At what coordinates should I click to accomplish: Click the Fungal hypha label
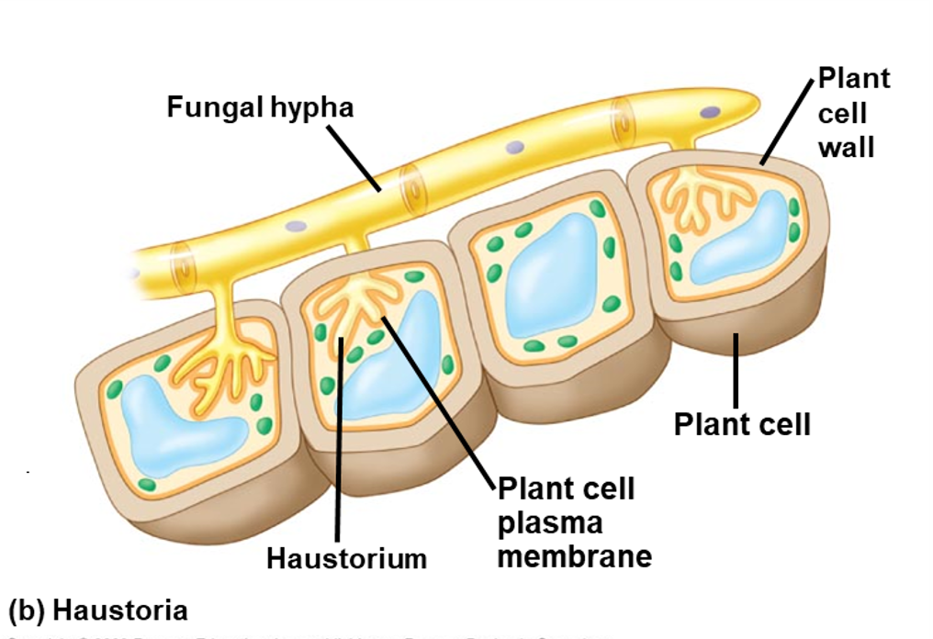(260, 107)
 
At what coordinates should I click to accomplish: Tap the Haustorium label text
(346, 557)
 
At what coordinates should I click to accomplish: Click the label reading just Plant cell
(742, 424)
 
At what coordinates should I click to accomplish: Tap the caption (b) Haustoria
(97, 611)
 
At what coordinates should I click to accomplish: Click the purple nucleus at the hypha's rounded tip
(711, 111)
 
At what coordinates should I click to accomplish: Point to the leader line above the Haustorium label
(339, 441)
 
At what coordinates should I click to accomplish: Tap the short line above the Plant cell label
(736, 367)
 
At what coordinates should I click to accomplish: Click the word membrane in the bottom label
(574, 555)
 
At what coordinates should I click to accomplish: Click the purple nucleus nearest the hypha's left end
(296, 225)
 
